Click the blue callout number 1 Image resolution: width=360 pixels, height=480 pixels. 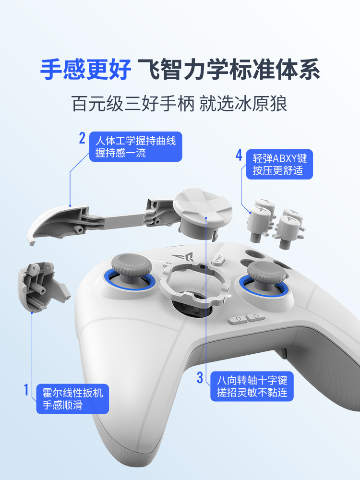tap(26, 390)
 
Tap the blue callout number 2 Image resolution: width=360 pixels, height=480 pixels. tap(82, 138)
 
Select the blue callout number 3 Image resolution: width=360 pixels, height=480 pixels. tap(200, 377)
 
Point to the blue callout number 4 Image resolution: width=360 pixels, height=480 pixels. tap(239, 155)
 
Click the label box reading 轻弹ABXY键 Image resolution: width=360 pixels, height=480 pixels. tap(279, 164)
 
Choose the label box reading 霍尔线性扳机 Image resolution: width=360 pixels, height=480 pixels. tap(72, 399)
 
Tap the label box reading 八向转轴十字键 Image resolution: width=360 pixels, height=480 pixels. tap(252, 386)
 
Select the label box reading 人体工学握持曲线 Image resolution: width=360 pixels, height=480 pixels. tap(136, 146)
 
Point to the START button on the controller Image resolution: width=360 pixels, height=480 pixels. tap(218, 259)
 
